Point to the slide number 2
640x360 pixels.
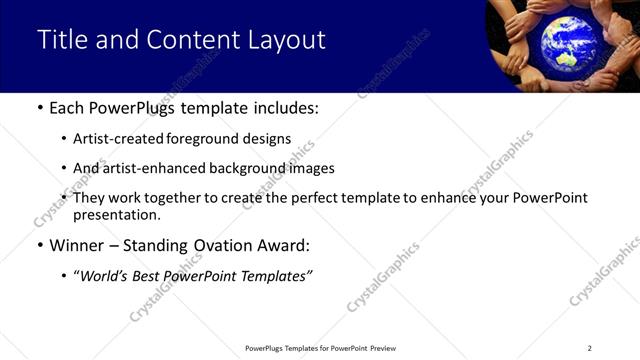point(589,348)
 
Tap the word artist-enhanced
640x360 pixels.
point(150,169)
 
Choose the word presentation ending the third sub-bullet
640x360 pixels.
point(115,215)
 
